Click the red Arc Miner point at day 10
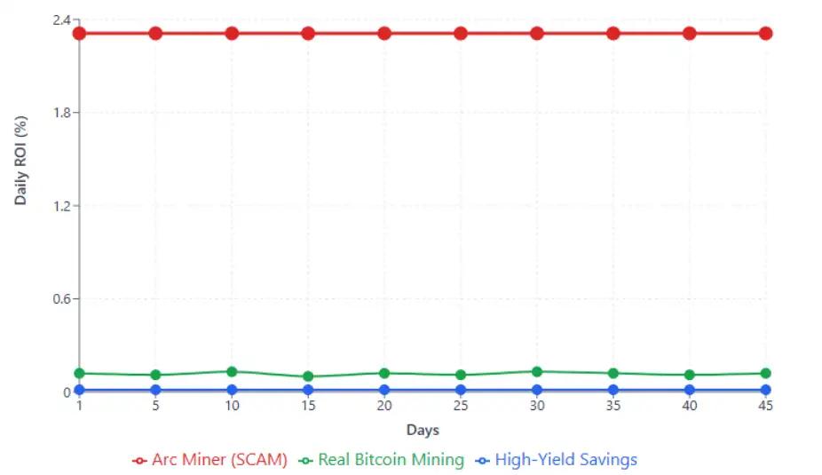tap(232, 33)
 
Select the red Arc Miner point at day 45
tap(765, 33)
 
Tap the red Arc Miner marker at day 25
tap(461, 33)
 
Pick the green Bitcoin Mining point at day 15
tap(308, 376)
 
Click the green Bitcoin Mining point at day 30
tap(537, 372)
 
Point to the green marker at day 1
tap(79, 373)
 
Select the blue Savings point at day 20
tap(384, 390)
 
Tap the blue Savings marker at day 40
tap(689, 390)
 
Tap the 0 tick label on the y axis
tap(66, 392)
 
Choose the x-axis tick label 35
tap(613, 406)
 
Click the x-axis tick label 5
tap(155, 406)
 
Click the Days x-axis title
tap(423, 431)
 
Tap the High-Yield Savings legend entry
tap(556, 460)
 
